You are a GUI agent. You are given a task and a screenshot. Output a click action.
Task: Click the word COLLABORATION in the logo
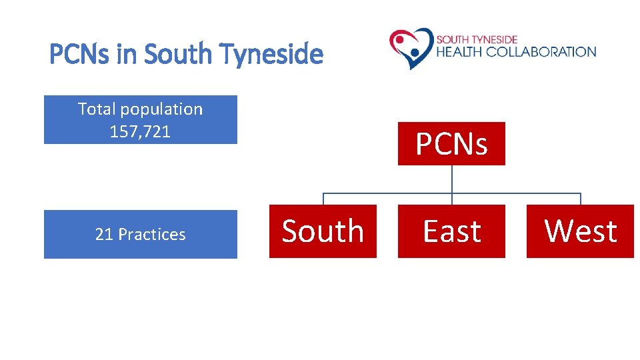click(541, 51)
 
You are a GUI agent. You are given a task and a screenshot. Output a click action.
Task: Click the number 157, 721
click(140, 131)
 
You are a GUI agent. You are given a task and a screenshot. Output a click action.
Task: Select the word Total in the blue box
click(97, 109)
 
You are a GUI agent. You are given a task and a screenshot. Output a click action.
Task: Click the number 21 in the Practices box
click(103, 234)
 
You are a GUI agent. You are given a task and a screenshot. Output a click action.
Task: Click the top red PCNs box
click(451, 143)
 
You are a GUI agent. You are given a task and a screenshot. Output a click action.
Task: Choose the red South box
click(323, 231)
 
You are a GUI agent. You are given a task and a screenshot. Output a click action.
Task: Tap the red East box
click(451, 231)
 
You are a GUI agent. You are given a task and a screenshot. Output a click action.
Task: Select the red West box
click(580, 231)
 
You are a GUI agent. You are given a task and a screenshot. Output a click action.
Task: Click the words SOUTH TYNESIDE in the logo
click(477, 39)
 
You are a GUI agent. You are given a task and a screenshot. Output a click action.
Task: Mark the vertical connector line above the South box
click(323, 199)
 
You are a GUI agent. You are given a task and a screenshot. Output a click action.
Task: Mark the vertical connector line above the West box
click(581, 199)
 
